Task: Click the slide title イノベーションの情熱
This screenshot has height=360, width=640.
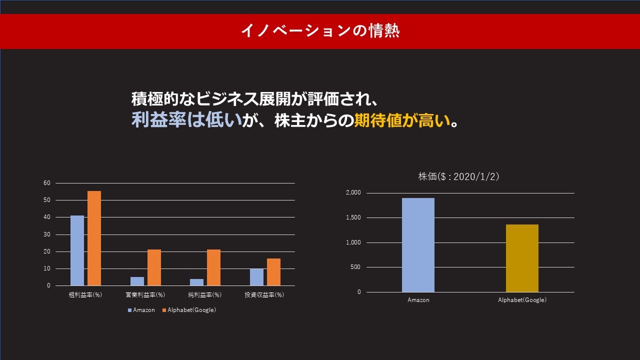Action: point(320,31)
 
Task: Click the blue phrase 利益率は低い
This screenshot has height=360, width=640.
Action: point(187,120)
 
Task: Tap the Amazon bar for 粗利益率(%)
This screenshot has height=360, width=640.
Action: point(77,250)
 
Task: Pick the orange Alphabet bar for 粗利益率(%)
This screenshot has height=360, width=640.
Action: point(94,238)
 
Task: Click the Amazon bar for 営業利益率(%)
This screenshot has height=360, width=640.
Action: point(137,281)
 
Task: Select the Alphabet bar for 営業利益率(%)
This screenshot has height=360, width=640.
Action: point(154,267)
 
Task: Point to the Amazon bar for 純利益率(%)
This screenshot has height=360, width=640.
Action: point(197,282)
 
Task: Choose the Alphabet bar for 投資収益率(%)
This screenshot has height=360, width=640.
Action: point(273,272)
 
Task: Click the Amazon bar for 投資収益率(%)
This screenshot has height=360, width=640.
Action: point(257,277)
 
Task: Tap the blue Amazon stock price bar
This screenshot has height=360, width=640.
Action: point(418,245)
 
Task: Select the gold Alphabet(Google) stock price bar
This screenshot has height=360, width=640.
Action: point(522,258)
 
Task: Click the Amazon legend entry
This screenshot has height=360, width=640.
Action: point(141,310)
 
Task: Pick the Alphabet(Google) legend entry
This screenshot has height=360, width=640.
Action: point(189,310)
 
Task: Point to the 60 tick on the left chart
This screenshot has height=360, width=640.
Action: point(47,183)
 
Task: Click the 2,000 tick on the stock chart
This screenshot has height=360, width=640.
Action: point(353,192)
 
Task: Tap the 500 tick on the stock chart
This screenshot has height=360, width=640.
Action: point(355,267)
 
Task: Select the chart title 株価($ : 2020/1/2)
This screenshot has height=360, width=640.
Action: point(458,176)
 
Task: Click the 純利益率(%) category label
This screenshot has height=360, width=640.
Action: point(205,295)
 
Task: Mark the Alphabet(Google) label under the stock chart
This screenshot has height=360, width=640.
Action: point(522,300)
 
